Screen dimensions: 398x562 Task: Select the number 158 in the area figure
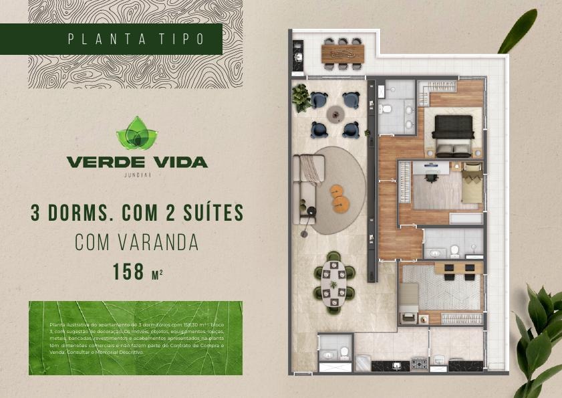click(x=129, y=272)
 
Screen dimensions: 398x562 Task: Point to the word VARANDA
click(x=160, y=242)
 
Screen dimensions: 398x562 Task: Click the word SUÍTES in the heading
click(x=208, y=213)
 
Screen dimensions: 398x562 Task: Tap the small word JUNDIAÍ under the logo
click(x=136, y=175)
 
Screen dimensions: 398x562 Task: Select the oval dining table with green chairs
click(x=333, y=285)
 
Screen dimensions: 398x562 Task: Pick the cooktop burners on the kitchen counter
click(x=419, y=364)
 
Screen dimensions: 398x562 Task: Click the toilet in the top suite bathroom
click(x=386, y=108)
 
